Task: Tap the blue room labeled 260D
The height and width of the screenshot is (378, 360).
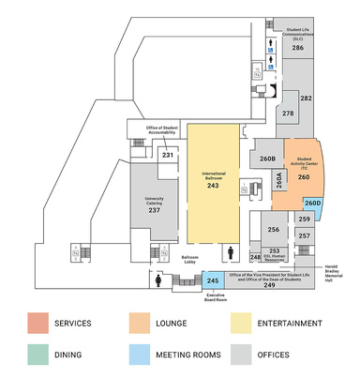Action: coord(312,204)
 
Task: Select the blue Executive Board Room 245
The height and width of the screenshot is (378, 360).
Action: coord(213,280)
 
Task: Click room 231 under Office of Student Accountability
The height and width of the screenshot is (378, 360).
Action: coord(167,156)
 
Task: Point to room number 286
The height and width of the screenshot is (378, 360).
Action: coord(297,47)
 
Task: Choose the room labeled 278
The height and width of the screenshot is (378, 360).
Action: coord(288,113)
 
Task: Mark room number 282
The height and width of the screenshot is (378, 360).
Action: coord(306,98)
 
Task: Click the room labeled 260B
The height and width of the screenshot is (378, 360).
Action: coord(267,159)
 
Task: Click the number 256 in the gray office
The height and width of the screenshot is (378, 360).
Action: coord(274,230)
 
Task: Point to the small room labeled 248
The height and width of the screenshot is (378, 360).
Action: coord(255,257)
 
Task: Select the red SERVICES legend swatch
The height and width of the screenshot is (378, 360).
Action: coord(37,324)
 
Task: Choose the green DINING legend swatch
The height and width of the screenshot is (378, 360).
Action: coord(37,355)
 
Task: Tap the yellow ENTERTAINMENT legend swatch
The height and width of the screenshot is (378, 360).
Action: coord(241,324)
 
